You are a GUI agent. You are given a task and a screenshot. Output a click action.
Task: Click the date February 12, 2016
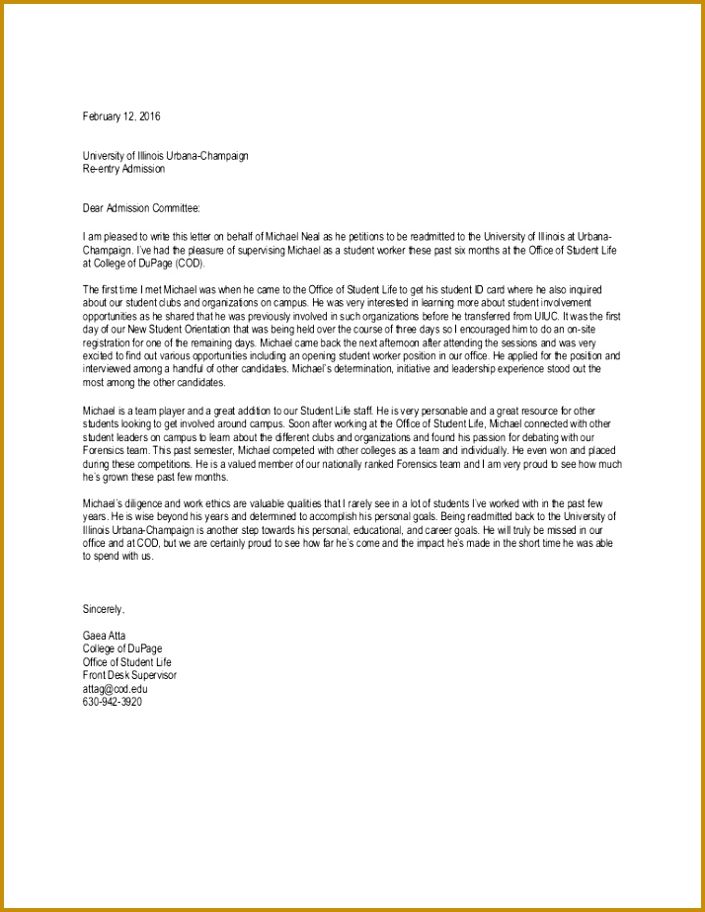tap(120, 116)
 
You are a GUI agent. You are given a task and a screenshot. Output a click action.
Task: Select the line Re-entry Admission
tap(123, 169)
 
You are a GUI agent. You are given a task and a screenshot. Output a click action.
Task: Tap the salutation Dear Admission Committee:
tap(141, 208)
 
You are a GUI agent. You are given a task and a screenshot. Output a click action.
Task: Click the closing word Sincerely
tap(104, 609)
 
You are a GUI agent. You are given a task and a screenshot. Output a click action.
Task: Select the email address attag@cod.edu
tap(115, 689)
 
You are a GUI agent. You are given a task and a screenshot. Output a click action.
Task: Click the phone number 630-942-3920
tap(113, 702)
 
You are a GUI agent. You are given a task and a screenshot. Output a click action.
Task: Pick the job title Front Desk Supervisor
tap(129, 675)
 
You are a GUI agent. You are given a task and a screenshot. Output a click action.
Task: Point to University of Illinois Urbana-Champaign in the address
tap(165, 156)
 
